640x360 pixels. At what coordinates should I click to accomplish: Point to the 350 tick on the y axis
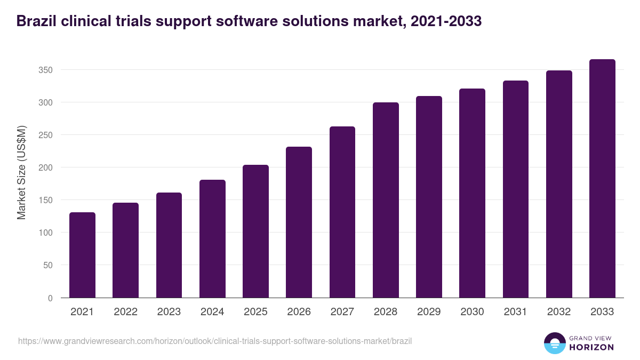pos(46,70)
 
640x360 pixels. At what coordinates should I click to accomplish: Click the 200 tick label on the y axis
pos(46,167)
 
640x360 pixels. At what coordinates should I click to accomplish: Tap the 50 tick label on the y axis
pos(48,265)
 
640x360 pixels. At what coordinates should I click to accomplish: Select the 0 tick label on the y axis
pos(50,298)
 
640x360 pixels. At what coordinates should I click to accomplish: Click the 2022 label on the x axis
pos(125,312)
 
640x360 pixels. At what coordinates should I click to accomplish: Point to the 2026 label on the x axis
pos(299,312)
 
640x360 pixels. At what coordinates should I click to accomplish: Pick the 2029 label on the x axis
pos(429,312)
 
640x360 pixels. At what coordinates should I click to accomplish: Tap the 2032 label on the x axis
pos(559,312)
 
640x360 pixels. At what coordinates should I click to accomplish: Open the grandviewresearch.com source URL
pos(215,341)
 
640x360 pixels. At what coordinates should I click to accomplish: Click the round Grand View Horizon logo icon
pos(554,343)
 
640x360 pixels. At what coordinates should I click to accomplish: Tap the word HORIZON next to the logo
pos(591,347)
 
